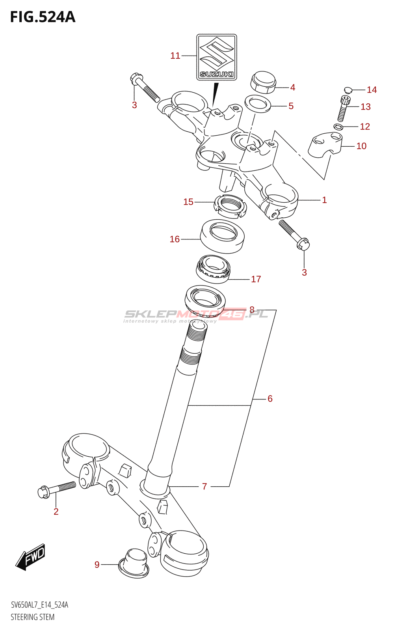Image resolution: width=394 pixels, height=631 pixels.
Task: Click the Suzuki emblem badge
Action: coord(217,57)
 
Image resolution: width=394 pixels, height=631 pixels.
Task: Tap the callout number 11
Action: coord(175,56)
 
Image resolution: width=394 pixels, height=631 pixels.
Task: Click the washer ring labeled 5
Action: coord(258,104)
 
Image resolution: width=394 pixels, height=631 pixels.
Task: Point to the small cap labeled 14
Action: coord(347,90)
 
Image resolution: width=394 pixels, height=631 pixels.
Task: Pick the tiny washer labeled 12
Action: coord(338,127)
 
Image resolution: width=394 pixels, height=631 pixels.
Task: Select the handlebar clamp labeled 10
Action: coord(325,145)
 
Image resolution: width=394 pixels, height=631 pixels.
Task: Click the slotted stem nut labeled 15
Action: coord(230,206)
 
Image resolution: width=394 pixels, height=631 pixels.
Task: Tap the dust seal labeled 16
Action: coord(222,236)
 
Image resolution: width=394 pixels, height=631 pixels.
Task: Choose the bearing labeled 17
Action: coord(213,269)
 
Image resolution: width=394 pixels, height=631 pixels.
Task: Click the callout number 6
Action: coord(270,399)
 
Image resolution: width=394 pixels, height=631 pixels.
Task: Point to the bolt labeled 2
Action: coord(57,489)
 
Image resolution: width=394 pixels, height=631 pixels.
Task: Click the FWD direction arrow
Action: coord(30,557)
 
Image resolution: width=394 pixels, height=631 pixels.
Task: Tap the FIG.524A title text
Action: coord(43,17)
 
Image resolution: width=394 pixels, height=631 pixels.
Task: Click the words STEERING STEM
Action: coord(33,617)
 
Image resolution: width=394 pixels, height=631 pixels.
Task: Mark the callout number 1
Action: coord(324,200)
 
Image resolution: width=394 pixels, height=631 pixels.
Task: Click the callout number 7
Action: coord(204,487)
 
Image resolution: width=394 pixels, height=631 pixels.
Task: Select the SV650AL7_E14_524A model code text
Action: coord(39,605)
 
